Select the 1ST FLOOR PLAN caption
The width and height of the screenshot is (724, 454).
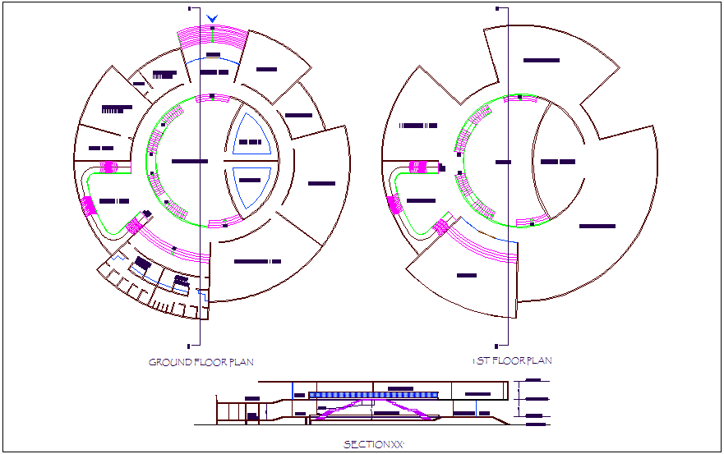tap(512, 360)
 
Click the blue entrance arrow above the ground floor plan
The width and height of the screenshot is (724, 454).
tap(213, 18)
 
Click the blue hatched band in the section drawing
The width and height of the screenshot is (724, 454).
tap(374, 395)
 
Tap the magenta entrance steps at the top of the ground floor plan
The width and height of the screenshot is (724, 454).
tap(213, 37)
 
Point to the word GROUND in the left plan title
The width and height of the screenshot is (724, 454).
tap(169, 362)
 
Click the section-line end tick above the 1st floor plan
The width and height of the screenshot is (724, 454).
tap(498, 9)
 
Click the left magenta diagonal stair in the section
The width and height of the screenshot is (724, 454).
tap(333, 411)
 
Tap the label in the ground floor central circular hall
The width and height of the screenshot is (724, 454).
tap(190, 162)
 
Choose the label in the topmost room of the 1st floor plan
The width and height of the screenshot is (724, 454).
tap(542, 61)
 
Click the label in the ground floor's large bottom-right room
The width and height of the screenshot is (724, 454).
tap(257, 261)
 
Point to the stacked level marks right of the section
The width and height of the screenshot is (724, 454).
tap(534, 402)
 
